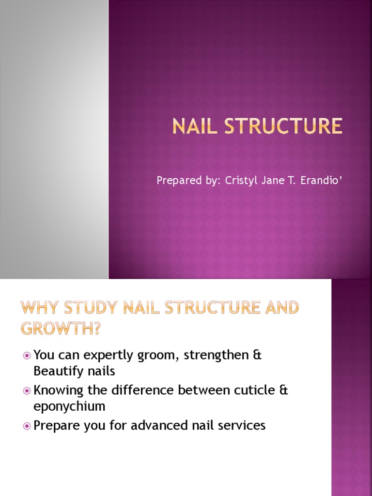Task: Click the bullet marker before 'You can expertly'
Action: tap(27, 356)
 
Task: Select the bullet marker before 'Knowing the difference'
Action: tap(27, 390)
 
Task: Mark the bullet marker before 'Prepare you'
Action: tap(27, 426)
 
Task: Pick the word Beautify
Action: tap(56, 371)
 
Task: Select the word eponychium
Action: tap(69, 406)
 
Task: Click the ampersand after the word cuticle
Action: tap(283, 390)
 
